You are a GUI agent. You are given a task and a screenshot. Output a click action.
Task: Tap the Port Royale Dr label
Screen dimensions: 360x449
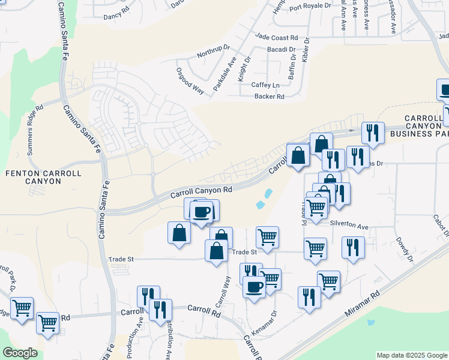coord(310,6)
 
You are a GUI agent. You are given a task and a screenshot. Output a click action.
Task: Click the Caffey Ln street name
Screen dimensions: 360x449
coord(265,86)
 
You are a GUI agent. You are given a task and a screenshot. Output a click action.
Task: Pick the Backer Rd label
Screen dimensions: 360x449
coord(269,96)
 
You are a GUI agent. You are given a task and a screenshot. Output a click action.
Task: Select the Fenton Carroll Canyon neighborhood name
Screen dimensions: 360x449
coord(43,177)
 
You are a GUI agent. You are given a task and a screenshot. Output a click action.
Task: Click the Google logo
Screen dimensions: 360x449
coord(20,353)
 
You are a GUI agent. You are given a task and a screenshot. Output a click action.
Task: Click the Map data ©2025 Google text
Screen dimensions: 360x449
coord(411,355)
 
